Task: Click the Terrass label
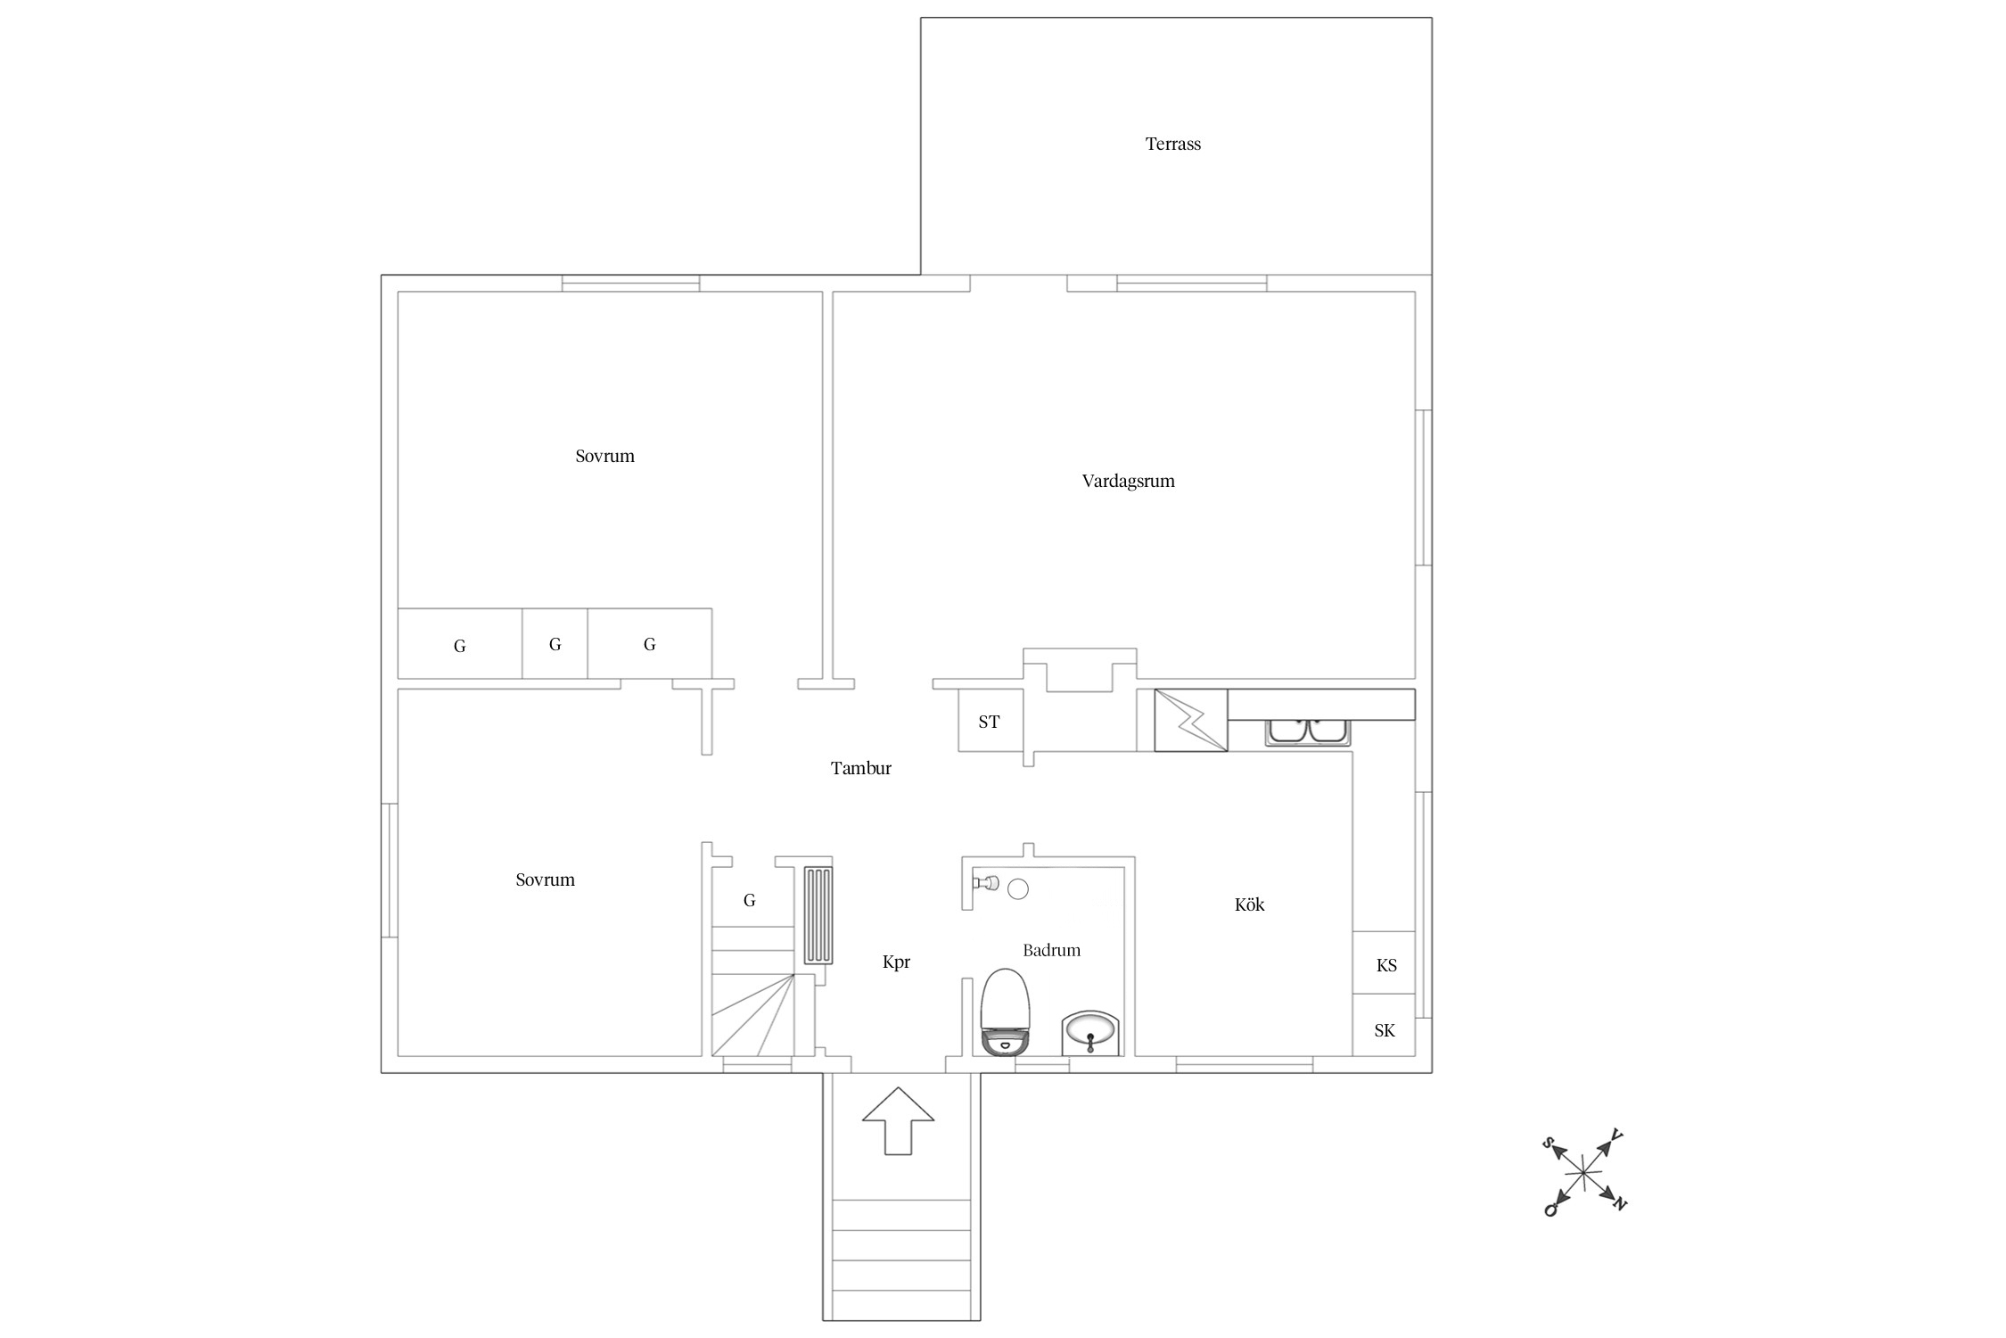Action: (1172, 144)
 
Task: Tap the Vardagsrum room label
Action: (1128, 481)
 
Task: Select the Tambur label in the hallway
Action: (860, 768)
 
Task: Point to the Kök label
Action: (1249, 904)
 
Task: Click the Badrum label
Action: (1051, 950)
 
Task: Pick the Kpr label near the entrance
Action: (896, 962)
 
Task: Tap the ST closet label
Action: (989, 722)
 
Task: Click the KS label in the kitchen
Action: (1386, 965)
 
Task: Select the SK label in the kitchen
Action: (1385, 1030)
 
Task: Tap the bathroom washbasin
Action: (1089, 1034)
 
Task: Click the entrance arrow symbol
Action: (898, 1121)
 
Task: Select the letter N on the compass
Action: (1621, 1205)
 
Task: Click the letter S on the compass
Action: (1549, 1143)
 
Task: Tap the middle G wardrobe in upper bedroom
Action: (555, 643)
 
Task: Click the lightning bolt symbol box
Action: (1191, 720)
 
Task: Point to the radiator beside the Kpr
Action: (818, 915)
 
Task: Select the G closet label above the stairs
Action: (750, 901)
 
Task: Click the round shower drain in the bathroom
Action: (1018, 888)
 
